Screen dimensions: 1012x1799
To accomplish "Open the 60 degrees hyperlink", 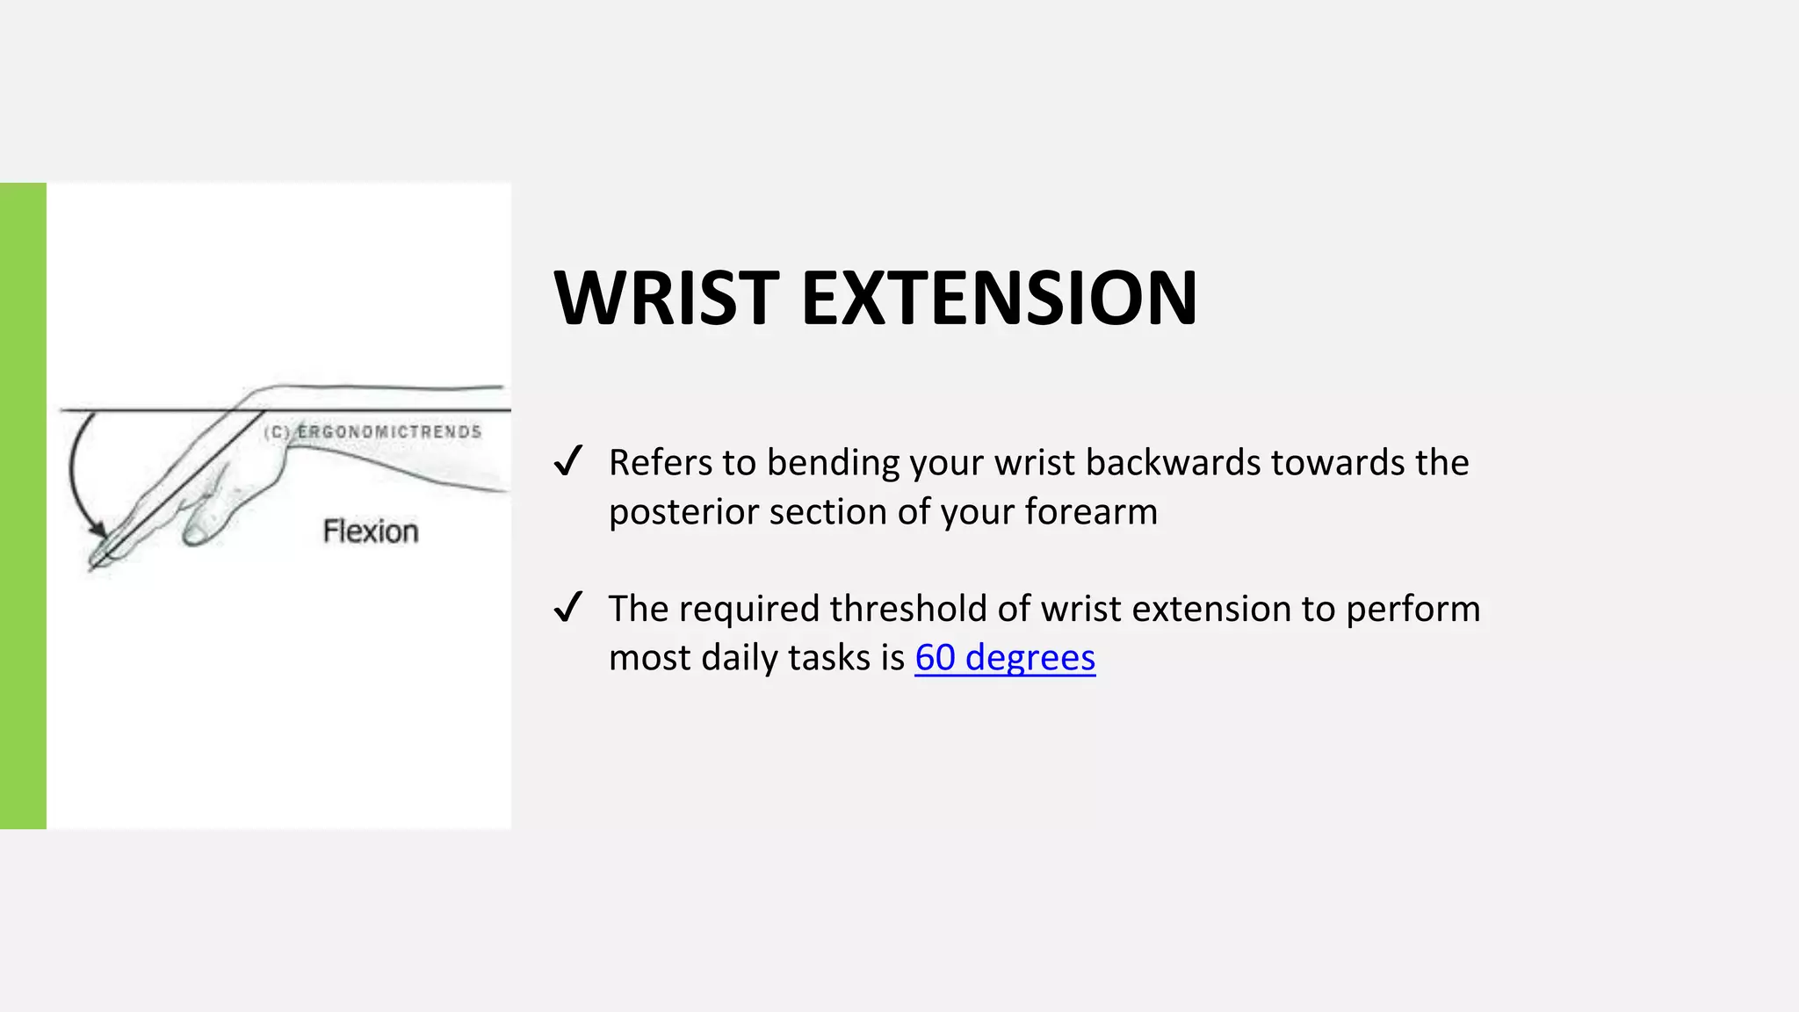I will click(1005, 657).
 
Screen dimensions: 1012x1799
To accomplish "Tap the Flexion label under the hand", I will click(371, 531).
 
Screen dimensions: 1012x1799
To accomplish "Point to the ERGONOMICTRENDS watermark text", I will click(389, 432).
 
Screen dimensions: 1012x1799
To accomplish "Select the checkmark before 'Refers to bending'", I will click(568, 460).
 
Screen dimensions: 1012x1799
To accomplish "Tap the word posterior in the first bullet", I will click(683, 512).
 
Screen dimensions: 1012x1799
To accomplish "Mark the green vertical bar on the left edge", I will click(23, 505).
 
